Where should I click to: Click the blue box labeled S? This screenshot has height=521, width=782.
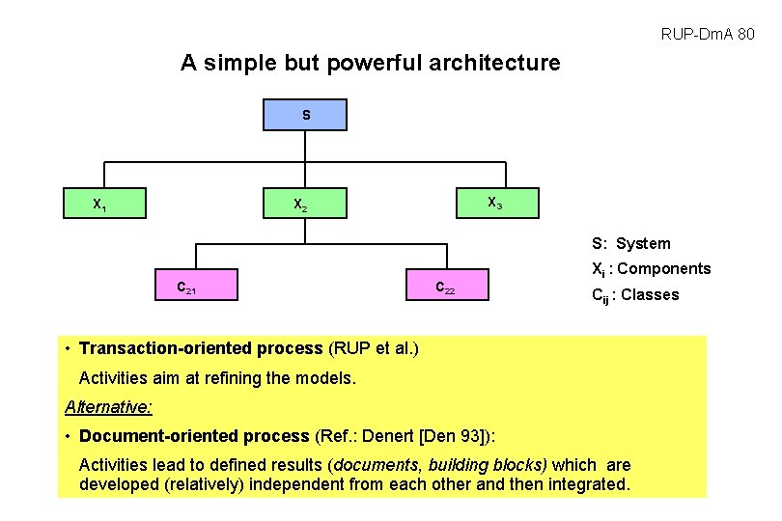click(x=305, y=115)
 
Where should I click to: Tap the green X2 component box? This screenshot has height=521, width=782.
click(x=306, y=205)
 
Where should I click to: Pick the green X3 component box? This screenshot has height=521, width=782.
click(x=495, y=204)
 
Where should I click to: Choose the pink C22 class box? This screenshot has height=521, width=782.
click(x=445, y=286)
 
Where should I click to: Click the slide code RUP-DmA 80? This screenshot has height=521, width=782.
click(x=708, y=35)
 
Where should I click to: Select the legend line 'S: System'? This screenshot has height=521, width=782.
click(x=630, y=244)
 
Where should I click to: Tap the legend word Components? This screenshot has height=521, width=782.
click(x=663, y=269)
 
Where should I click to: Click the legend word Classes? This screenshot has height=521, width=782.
click(x=650, y=295)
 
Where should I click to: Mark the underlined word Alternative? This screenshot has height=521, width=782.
click(x=108, y=406)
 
